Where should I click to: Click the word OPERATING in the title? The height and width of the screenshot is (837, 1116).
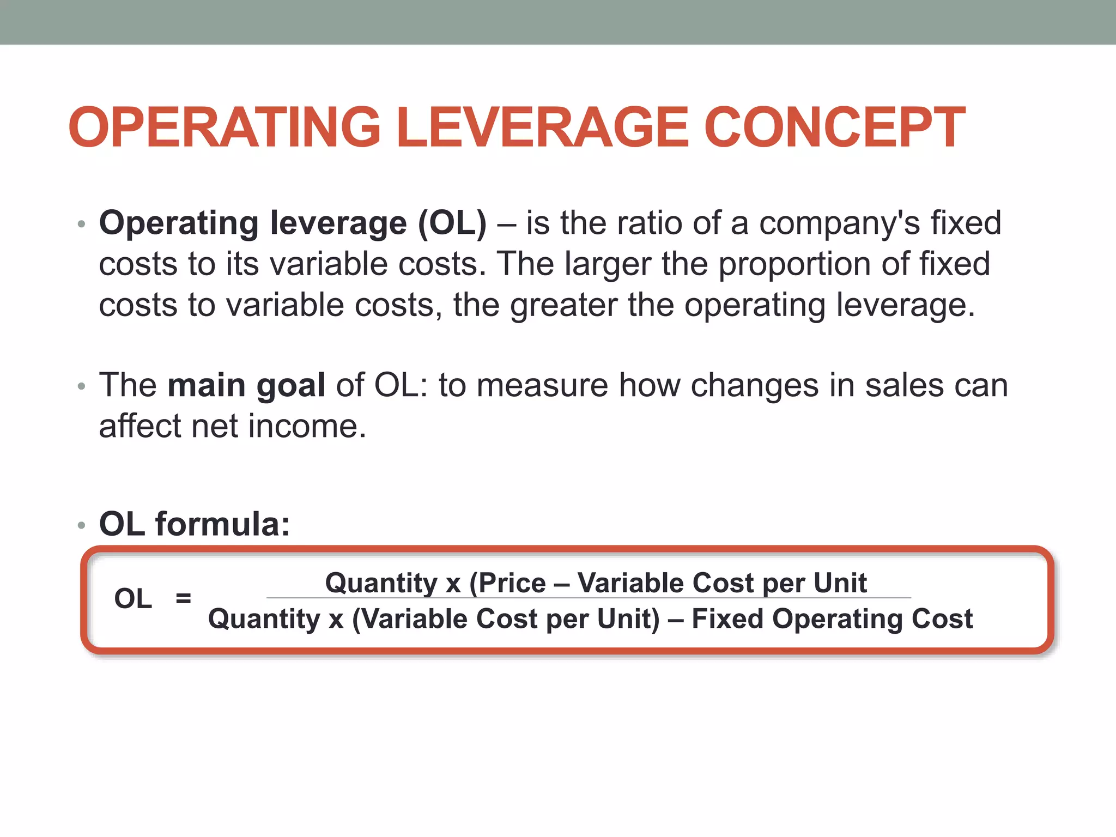coord(224,128)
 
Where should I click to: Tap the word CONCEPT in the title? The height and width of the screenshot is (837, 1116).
coord(834,128)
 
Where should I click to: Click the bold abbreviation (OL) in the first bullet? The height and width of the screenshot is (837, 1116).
coord(452,223)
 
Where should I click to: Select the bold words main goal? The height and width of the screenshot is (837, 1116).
coord(246,385)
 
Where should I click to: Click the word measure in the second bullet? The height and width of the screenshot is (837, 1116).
coord(542,385)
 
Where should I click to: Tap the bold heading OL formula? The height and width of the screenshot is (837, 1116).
coord(195,524)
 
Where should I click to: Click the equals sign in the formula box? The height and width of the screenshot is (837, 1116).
coord(184,598)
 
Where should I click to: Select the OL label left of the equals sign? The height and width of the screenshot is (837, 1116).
coord(133,598)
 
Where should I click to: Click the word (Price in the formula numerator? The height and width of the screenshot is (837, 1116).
coord(507,583)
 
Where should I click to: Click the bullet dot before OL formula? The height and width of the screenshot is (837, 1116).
coord(82,525)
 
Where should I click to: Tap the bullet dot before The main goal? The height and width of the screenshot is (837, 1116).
coord(82,386)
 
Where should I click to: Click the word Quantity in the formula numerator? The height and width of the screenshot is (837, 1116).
coord(381,583)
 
